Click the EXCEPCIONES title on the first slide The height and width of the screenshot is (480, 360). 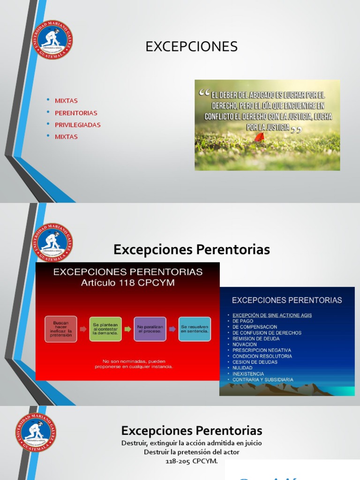[x=191, y=47]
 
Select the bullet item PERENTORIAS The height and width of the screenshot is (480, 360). [x=75, y=113]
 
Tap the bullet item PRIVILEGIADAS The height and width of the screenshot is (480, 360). [x=77, y=125]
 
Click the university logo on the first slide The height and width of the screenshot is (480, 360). [x=52, y=40]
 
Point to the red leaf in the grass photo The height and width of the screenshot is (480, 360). [x=260, y=137]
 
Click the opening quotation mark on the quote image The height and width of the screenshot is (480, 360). [x=204, y=93]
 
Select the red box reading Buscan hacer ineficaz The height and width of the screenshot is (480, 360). [x=61, y=329]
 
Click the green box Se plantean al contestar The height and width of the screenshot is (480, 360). [x=105, y=329]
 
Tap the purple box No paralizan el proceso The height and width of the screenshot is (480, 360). [x=150, y=329]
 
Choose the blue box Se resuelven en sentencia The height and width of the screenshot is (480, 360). [x=195, y=329]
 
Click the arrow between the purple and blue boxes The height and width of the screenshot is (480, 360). [x=172, y=329]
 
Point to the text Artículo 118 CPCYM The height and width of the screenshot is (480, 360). [x=127, y=283]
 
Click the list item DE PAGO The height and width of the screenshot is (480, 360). [x=243, y=321]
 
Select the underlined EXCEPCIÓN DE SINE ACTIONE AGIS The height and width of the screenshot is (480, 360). [x=272, y=315]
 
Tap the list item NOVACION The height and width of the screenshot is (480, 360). [x=245, y=345]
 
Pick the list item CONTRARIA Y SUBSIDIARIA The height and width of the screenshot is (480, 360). [x=262, y=380]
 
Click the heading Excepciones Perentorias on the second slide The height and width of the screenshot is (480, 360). [x=191, y=250]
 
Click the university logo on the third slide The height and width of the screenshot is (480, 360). [x=36, y=432]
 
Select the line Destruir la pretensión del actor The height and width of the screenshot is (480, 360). [x=191, y=452]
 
